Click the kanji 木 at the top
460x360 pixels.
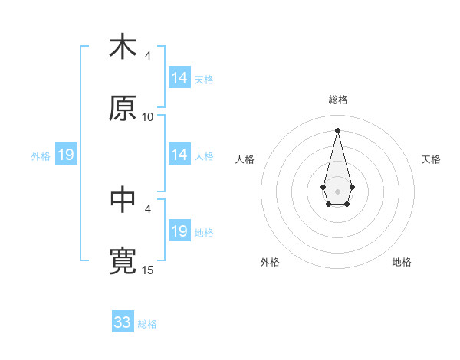[123, 47]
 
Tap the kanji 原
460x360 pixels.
[123, 109]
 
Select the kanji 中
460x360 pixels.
[123, 200]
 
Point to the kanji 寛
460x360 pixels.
[123, 261]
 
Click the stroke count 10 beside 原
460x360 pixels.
[148, 117]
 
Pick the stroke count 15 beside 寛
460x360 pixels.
[148, 270]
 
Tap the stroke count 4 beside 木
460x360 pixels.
[148, 56]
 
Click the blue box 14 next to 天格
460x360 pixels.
[179, 78]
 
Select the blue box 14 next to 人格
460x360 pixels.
[179, 155]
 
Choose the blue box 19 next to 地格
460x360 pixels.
[179, 231]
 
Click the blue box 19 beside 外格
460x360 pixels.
[66, 155]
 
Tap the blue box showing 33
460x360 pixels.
[123, 322]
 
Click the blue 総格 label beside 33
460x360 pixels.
[147, 324]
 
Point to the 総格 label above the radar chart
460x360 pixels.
[338, 100]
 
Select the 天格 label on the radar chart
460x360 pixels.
[432, 159]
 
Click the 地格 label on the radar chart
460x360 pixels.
[402, 262]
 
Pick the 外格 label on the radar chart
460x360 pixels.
[270, 262]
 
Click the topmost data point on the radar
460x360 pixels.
[337, 129]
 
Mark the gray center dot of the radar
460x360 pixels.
[337, 190]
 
